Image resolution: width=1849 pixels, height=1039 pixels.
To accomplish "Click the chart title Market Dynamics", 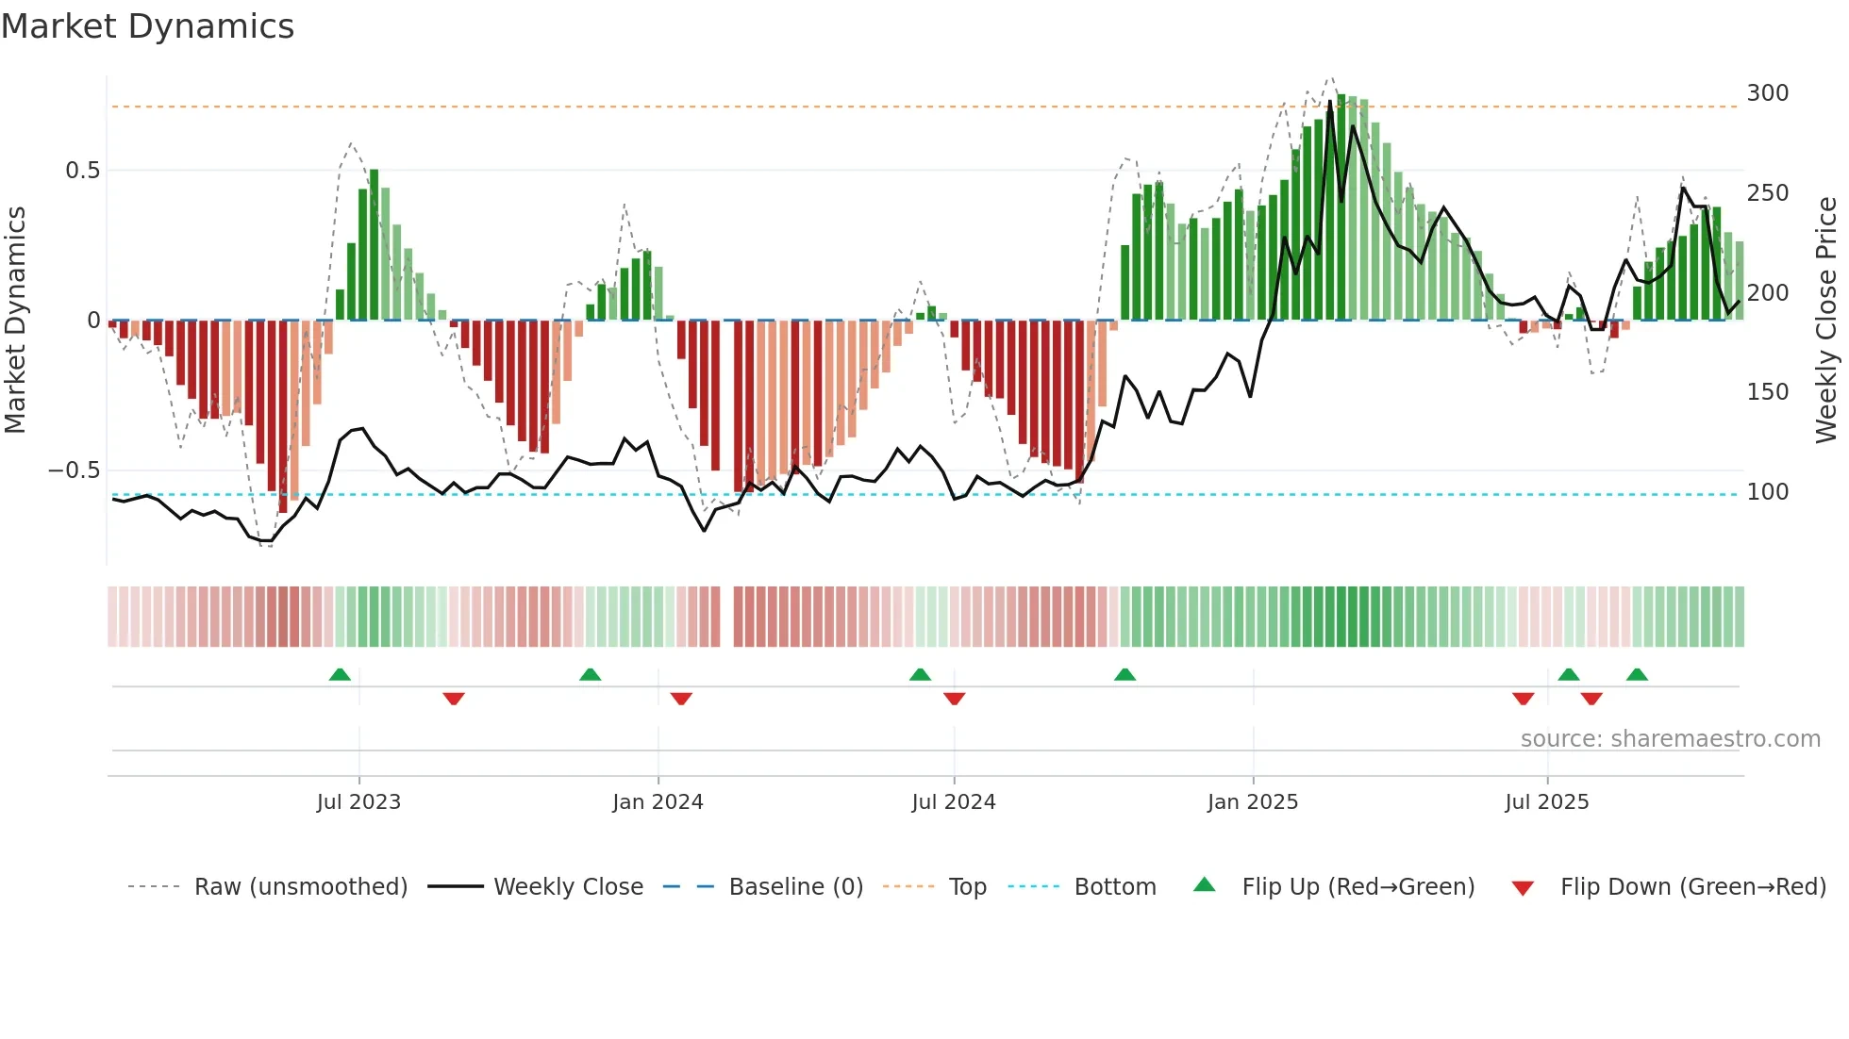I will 148,26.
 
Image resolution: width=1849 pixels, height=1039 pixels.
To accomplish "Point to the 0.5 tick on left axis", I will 82,171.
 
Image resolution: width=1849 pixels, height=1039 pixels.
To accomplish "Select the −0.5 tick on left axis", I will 75,470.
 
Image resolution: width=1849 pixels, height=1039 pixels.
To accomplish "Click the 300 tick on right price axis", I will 1767,93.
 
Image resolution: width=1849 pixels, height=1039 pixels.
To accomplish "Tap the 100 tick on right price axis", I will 1767,492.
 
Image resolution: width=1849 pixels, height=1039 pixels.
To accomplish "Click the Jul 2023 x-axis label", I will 358,802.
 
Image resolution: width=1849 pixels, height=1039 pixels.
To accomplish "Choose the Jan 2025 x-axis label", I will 1252,802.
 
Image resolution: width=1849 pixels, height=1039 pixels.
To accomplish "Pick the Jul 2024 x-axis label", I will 953,802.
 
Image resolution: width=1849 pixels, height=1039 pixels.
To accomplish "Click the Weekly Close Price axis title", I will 1826,321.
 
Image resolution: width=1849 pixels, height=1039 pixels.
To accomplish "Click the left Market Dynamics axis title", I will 15,321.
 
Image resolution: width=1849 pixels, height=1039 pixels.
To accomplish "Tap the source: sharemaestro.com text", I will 1670,739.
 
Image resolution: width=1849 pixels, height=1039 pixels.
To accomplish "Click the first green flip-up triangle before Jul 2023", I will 340,674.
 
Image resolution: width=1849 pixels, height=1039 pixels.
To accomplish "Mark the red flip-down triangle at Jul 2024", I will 954,699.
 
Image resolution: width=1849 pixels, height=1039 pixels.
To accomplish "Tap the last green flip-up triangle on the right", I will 1637,674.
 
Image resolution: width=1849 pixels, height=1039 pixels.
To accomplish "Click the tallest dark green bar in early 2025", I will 1341,207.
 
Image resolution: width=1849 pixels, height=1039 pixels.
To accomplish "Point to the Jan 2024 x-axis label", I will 658,802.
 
